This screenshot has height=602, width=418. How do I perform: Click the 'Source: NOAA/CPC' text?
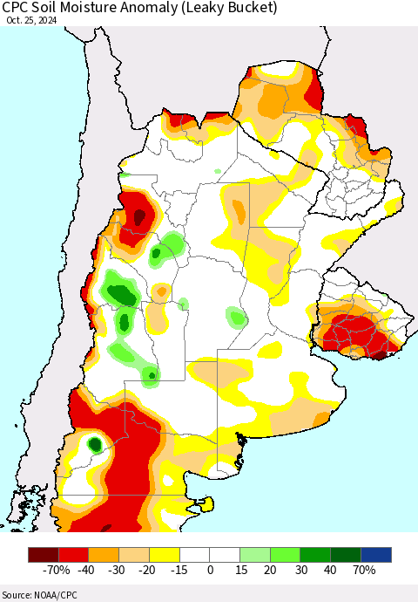(39, 593)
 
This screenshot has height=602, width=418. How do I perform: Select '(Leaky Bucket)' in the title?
(236, 9)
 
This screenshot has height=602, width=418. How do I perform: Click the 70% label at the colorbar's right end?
(364, 571)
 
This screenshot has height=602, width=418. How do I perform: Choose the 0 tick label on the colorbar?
(210, 571)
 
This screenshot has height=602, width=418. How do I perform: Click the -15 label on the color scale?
(179, 571)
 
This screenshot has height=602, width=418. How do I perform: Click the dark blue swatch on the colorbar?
(376, 555)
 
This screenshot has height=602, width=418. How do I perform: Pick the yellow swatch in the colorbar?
(163, 555)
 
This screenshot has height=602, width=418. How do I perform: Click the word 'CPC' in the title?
(18, 9)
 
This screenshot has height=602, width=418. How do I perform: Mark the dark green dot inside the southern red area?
(94, 445)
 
